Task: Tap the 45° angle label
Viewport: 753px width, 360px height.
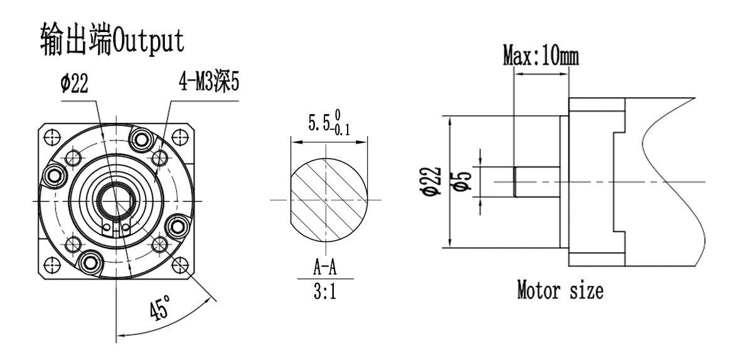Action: pos(159,309)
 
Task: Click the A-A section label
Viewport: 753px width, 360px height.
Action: pos(324,268)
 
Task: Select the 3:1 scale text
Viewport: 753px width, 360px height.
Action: pos(324,292)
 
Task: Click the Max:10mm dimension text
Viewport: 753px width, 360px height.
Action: pos(542,58)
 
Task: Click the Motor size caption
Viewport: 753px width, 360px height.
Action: pos(560,291)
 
